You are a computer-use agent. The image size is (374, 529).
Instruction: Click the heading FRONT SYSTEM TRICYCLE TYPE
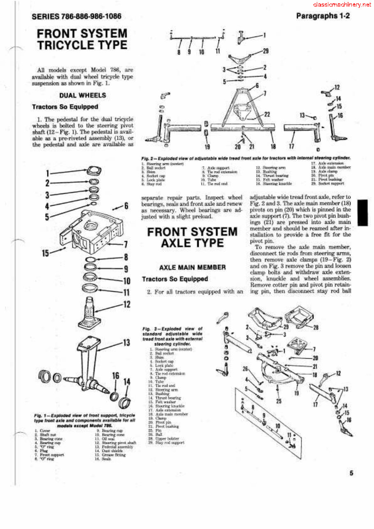[x=82, y=39]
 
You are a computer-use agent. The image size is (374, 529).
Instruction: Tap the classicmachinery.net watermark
[x=342, y=5]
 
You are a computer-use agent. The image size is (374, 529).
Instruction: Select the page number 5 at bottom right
[x=351, y=473]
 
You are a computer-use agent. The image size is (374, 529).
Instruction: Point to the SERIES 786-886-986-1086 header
[x=76, y=17]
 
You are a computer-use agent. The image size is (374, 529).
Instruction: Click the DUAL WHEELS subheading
[x=83, y=95]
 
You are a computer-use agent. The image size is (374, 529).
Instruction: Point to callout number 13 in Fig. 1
[x=126, y=343]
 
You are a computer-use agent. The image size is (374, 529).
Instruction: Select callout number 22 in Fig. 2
[x=267, y=114]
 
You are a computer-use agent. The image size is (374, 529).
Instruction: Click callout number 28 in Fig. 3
[x=316, y=327]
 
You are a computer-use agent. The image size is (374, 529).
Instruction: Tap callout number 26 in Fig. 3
[x=245, y=369]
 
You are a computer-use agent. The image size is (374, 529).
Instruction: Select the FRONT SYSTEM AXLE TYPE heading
[x=192, y=237]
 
